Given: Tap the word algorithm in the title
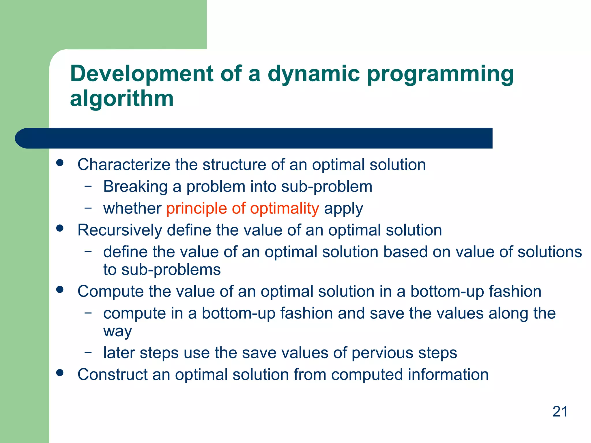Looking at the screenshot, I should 122,99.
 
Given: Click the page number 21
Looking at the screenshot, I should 560,412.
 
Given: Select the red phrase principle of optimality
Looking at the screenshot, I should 242,209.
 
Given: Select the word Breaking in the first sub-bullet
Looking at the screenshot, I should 135,187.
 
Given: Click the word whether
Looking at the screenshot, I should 132,209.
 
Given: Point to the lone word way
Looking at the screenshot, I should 117,331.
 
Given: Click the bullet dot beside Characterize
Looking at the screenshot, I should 60,163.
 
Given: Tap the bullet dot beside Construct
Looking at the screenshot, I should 60,373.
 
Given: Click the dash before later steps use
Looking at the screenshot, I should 88,352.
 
